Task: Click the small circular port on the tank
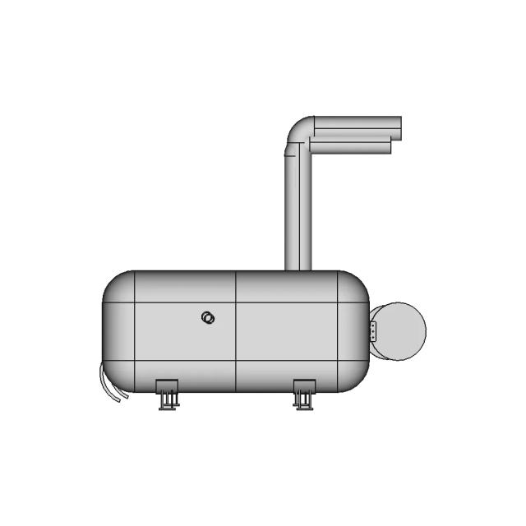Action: [208, 318]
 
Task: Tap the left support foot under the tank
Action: [168, 394]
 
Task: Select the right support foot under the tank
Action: [303, 394]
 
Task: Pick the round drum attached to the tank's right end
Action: [400, 331]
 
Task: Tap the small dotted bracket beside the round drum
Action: [372, 331]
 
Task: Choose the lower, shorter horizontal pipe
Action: [349, 146]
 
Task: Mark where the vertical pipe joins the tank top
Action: [298, 270]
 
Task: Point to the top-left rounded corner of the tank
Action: [114, 283]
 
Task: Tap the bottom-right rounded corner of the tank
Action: [355, 380]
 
